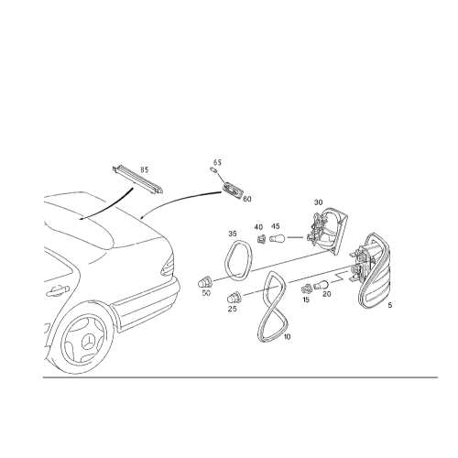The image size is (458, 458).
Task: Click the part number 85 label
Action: point(144,169)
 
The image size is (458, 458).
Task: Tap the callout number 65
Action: point(217,162)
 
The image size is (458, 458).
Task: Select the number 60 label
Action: point(247,199)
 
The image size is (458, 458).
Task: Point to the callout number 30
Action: point(318,202)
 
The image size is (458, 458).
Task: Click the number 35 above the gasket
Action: point(233,234)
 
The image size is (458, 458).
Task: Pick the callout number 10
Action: point(287,337)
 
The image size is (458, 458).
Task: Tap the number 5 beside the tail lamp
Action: point(389,305)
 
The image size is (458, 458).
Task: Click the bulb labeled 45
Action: point(278,237)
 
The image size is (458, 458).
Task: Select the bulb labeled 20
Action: point(321,285)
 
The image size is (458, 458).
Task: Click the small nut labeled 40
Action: point(261,238)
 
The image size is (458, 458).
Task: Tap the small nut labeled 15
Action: point(305,289)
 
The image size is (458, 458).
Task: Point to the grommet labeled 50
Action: point(205,282)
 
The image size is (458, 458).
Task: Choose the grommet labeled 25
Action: point(234,297)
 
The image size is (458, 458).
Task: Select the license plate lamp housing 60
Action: point(234,190)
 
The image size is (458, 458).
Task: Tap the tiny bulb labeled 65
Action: point(213,169)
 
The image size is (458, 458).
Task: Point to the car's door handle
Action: point(58,290)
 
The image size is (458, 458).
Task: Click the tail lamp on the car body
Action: point(168,265)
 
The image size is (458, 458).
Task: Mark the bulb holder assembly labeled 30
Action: point(326,231)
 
